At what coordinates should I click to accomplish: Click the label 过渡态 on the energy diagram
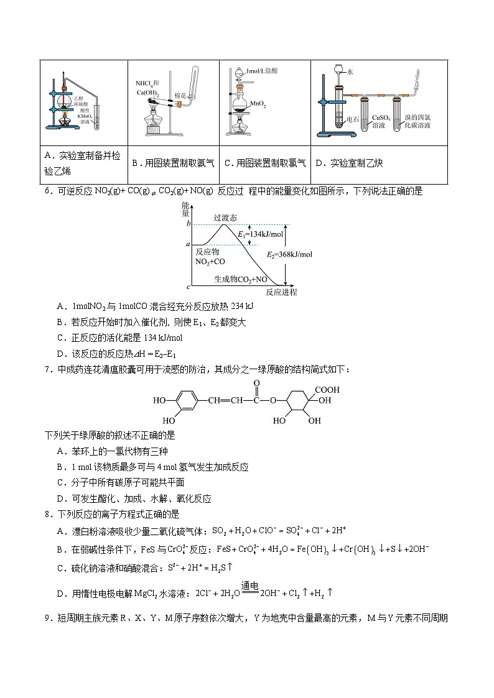coord(225,218)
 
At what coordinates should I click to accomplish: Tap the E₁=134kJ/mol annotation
coord(261,234)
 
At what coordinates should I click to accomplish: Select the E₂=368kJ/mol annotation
coord(290,254)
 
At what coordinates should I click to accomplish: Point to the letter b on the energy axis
coord(189,224)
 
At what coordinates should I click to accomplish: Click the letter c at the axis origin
coord(189,287)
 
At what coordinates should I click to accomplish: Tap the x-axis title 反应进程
coord(281,292)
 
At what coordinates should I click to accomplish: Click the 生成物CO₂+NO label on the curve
coord(241,279)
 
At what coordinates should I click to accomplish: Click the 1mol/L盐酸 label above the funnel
coord(262,71)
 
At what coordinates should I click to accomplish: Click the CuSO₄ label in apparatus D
coord(380,117)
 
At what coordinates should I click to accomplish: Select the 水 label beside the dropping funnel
coord(351,72)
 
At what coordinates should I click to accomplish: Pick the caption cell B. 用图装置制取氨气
coord(174,163)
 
